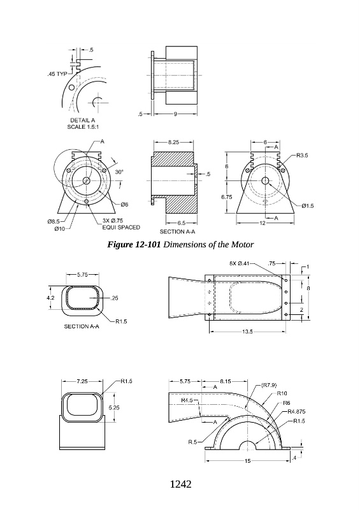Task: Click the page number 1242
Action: click(180, 484)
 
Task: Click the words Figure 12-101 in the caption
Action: click(134, 244)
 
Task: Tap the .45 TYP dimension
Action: click(57, 74)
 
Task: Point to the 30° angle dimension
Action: click(119, 172)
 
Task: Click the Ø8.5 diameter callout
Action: click(54, 221)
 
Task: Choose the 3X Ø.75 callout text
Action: click(113, 221)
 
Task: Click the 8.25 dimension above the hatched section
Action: click(174, 142)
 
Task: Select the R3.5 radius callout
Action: click(301, 155)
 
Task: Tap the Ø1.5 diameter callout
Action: click(307, 205)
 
